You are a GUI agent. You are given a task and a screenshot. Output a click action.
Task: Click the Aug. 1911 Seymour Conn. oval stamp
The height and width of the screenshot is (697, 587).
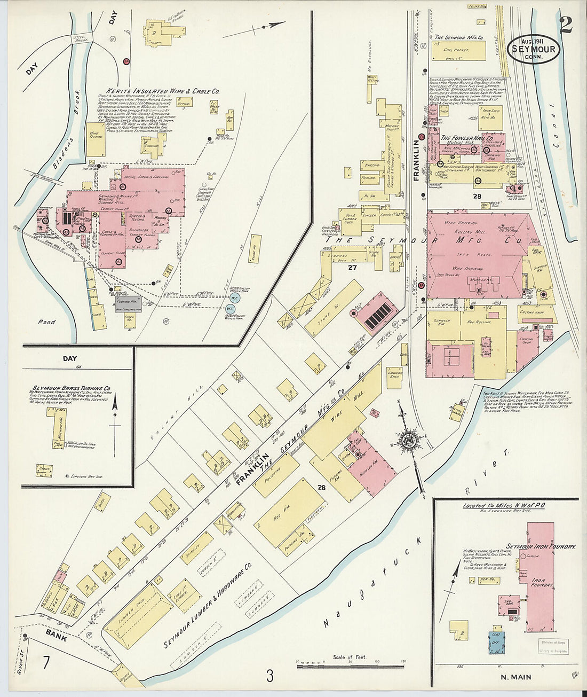click(x=533, y=49)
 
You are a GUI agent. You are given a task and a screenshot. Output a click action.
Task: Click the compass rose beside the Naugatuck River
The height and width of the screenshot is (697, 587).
click(x=409, y=440)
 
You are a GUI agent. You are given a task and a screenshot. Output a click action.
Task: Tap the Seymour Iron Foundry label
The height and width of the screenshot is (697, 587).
click(x=541, y=547)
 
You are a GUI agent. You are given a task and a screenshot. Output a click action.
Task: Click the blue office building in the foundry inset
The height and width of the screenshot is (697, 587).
click(x=496, y=643)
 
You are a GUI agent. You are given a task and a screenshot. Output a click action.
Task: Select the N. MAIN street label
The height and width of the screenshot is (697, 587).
click(x=515, y=677)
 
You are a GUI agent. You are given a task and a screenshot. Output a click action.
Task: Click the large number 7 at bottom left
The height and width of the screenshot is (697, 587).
click(x=46, y=663)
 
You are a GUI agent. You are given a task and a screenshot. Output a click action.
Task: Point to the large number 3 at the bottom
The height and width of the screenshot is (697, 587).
click(x=270, y=676)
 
